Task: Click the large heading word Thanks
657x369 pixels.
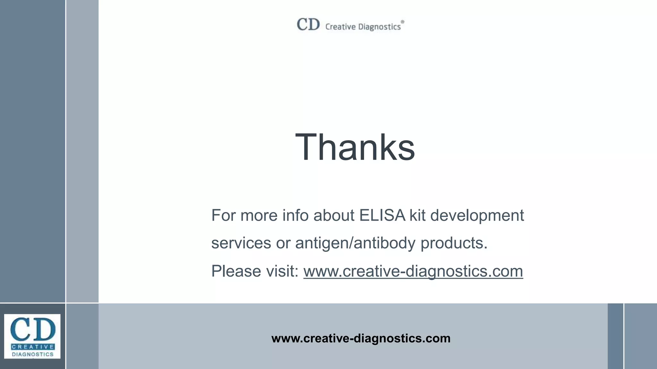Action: coord(355,147)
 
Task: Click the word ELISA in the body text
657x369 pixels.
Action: coord(382,215)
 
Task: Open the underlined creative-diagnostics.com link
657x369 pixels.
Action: coord(413,271)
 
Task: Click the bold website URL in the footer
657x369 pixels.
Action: coord(361,338)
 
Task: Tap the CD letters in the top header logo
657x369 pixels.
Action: coord(308,24)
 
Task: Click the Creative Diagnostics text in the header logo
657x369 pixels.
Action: coord(363,27)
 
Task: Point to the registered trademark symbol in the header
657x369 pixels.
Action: coord(403,22)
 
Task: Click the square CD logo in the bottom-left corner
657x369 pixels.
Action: coord(32,336)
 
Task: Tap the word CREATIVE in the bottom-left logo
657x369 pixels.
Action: coord(32,347)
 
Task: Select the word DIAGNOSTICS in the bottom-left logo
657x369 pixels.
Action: coord(33,354)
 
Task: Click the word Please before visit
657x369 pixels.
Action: coord(236,271)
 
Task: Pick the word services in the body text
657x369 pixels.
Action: coord(241,243)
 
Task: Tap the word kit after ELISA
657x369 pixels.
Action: coord(417,215)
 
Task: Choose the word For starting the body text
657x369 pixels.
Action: coord(223,215)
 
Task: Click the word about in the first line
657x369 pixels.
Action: coord(334,215)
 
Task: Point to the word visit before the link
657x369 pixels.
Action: coord(283,271)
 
